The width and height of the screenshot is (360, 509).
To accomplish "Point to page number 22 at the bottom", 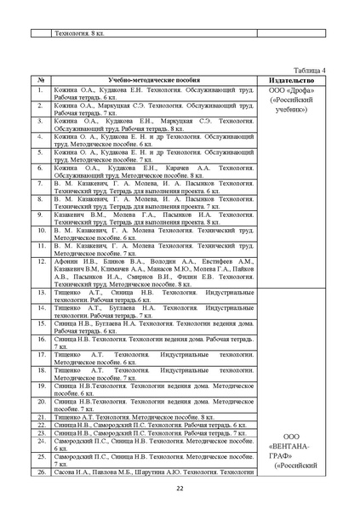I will click(x=180, y=488).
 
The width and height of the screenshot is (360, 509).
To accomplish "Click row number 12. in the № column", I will click(x=41, y=261).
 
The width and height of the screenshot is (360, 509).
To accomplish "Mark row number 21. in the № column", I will click(x=41, y=416).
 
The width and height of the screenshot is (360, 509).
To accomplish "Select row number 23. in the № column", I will click(x=41, y=432).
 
